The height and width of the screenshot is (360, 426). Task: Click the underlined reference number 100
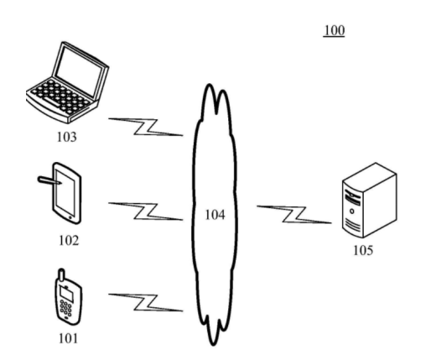coord(334,31)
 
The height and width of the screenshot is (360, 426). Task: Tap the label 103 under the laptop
coord(66,137)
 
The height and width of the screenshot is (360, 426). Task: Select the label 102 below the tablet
coord(69,241)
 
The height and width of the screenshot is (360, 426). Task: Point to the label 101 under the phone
coord(68,338)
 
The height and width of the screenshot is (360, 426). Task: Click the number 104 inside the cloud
coord(215,215)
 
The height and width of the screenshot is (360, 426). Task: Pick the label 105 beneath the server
coord(363,250)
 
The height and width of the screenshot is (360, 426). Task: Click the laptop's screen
coord(79,70)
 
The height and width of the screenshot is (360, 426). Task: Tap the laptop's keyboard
coord(60,96)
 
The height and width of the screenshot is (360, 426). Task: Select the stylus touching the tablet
coord(49,180)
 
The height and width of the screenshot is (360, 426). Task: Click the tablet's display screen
coord(65,192)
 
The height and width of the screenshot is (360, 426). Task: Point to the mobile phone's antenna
coord(61,275)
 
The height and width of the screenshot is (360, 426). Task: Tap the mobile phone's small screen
coord(67,295)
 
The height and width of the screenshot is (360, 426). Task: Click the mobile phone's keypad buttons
coord(65,308)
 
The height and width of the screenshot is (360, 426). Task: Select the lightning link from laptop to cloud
coord(146,127)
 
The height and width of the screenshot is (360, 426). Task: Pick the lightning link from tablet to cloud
coord(146,211)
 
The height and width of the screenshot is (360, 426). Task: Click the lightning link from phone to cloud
coord(146,302)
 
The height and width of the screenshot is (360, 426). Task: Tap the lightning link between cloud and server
coord(294,215)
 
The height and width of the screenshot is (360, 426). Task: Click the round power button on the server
coord(352,211)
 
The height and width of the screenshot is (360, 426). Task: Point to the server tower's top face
coord(370,176)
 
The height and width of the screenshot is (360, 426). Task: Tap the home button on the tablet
coord(70,217)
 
